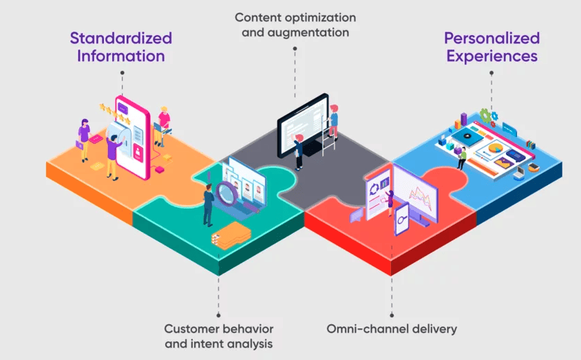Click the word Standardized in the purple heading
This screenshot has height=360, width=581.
pos(120,38)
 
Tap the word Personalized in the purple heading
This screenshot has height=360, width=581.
pos(492,38)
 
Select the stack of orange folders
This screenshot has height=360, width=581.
pos(231,236)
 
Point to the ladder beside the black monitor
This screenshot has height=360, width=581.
pos(327,136)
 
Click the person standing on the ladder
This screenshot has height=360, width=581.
pos(333,123)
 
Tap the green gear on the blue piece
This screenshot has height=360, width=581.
pos(485,116)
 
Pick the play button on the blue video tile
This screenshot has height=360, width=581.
pos(467,136)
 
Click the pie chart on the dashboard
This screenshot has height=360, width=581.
pos(495,149)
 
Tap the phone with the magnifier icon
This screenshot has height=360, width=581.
pos(401,220)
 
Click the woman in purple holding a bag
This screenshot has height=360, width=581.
pos(84,140)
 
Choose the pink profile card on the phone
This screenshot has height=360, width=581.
pos(138,153)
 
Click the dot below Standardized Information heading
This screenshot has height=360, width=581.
pos(123,72)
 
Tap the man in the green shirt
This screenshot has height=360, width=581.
pos(462,158)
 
